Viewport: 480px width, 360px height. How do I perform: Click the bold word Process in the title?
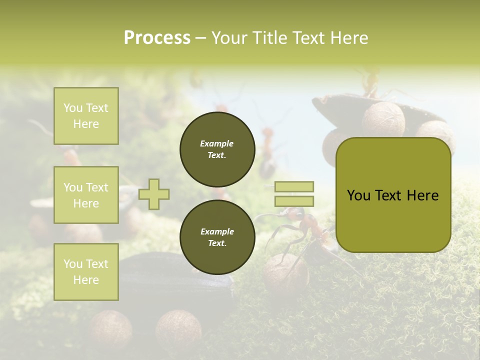(157, 38)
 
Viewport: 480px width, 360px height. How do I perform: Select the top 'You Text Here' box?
(86, 116)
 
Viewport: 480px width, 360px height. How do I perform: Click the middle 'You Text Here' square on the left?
(86, 195)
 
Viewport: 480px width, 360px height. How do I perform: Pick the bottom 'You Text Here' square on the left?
(86, 272)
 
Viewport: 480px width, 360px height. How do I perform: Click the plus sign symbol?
(154, 194)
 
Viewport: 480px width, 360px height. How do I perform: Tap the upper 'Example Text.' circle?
(217, 149)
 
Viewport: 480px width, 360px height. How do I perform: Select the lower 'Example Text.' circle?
(217, 237)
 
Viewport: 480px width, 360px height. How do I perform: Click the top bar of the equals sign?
(294, 186)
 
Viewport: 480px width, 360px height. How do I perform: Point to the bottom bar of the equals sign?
(294, 201)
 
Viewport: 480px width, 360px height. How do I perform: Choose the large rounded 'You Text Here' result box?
(393, 195)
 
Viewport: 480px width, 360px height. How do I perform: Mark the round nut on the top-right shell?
(383, 119)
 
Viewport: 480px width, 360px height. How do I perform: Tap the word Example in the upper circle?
(217, 143)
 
